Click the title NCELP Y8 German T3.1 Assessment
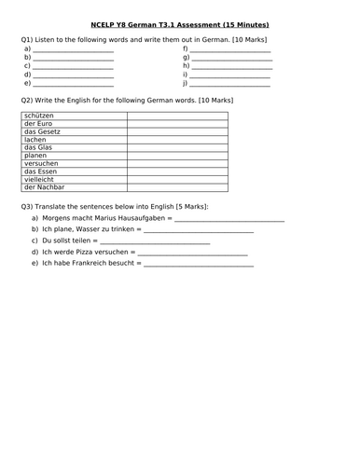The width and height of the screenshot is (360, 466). click(x=181, y=24)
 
